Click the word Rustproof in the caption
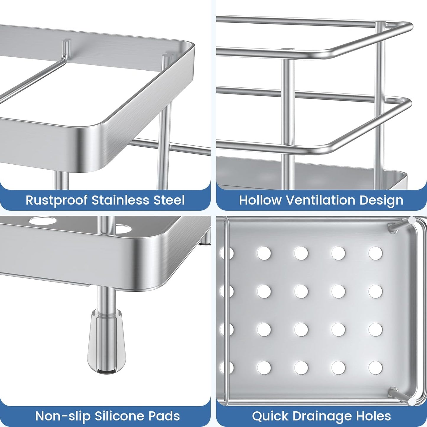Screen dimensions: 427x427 click(56, 200)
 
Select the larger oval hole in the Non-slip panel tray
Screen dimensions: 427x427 click(43, 221)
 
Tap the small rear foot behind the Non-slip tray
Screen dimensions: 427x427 click(205, 239)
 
